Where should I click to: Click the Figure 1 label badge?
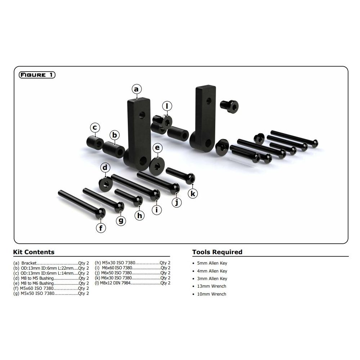point(37,75)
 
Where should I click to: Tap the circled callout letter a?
point(136,89)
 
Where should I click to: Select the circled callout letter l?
point(167,106)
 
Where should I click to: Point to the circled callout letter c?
point(95,128)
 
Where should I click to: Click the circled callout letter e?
point(157,148)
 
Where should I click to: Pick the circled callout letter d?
point(105,167)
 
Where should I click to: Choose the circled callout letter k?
point(193,194)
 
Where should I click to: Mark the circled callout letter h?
point(140,216)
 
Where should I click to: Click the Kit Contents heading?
point(34,252)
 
